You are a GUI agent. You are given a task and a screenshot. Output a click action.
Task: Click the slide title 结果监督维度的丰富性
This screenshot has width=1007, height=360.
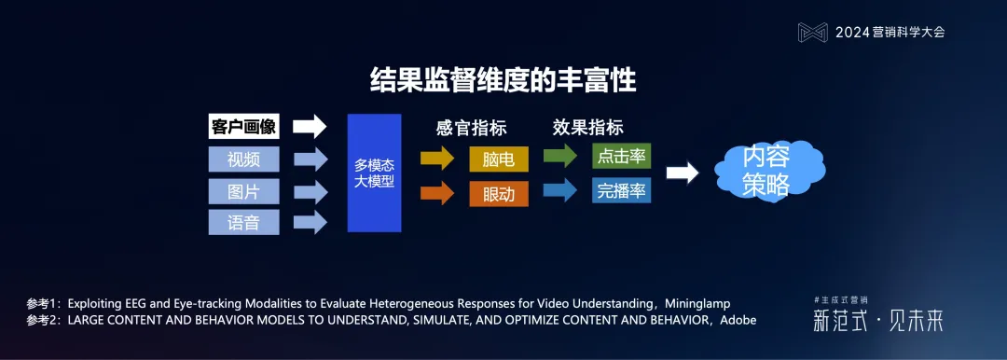(504, 81)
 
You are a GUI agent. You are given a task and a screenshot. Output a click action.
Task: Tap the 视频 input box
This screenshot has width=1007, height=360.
(243, 159)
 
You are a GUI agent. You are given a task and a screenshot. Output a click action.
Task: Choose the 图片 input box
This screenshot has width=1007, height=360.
(243, 190)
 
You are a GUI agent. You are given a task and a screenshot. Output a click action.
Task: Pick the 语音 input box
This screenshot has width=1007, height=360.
(243, 222)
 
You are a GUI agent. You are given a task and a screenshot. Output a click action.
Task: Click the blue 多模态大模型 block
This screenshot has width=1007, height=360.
(374, 173)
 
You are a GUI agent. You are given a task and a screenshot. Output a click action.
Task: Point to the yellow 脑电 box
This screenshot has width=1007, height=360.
(498, 159)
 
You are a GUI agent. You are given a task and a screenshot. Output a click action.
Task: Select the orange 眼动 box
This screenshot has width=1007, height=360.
(498, 193)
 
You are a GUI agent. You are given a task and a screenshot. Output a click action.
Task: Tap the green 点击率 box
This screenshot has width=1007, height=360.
(621, 156)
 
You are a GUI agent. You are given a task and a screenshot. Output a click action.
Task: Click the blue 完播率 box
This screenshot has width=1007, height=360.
(621, 190)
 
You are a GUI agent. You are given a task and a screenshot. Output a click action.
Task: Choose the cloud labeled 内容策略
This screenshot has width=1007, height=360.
(766, 172)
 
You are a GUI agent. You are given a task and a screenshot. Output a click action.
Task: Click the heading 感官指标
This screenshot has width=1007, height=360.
(470, 128)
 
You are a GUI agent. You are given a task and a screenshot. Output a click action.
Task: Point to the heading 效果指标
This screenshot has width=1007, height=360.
(587, 128)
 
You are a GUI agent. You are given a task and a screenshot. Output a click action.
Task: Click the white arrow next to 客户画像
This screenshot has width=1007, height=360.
(309, 127)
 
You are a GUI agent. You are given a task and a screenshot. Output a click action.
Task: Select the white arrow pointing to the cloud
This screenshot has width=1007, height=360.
(682, 173)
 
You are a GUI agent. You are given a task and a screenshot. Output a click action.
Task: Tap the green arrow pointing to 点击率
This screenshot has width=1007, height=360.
(561, 157)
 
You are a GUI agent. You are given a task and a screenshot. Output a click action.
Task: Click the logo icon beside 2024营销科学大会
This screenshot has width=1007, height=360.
(813, 32)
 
